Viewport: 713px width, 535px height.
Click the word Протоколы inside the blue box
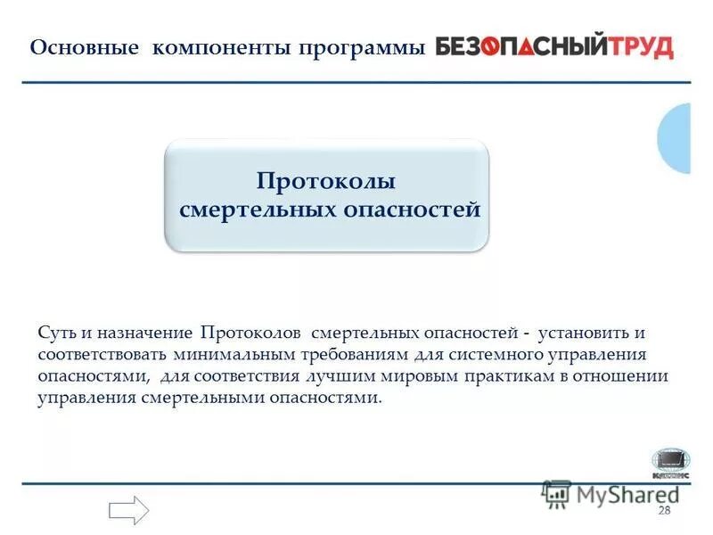click(326, 181)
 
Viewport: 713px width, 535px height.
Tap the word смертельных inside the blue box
click(259, 210)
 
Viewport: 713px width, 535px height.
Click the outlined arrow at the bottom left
click(128, 509)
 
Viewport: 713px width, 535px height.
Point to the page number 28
click(663, 510)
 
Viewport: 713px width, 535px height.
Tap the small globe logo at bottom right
click(669, 462)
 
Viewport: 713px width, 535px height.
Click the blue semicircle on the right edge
click(676, 138)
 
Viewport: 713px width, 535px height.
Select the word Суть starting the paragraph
click(57, 333)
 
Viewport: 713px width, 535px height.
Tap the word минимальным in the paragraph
click(226, 354)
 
